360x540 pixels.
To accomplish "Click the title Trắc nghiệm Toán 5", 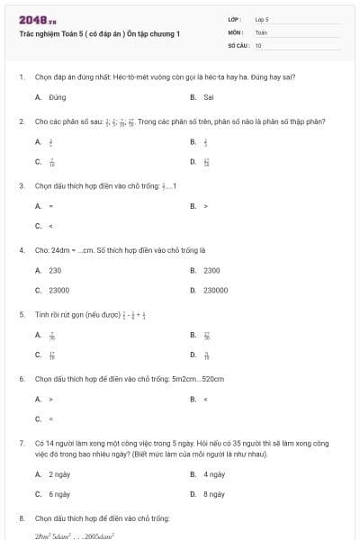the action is (100, 33).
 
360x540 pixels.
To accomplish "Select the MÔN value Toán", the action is (261, 31).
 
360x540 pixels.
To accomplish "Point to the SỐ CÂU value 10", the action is (258, 44).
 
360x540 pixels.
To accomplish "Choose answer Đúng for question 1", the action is (58, 96).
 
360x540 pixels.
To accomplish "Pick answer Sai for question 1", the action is (208, 96).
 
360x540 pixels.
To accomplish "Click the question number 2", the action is (21, 121).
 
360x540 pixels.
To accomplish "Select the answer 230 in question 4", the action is (55, 270).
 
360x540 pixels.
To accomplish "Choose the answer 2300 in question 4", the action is (211, 270).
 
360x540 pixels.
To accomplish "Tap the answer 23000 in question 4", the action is (58, 291).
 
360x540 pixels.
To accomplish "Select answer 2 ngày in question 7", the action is (59, 473).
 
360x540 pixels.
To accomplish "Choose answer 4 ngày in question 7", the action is (213, 473).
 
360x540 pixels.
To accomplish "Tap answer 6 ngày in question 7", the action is (59, 494).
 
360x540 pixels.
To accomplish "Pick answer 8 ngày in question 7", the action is (213, 494).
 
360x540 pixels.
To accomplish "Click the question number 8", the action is (21, 518).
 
